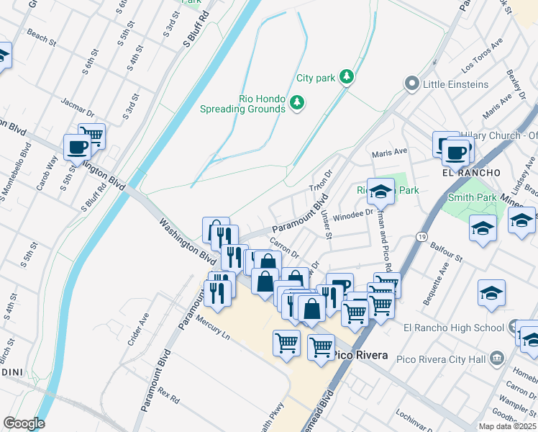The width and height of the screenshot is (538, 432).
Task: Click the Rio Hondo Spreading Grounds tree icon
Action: [x=296, y=104]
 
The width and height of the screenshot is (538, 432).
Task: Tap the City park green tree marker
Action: [x=347, y=76]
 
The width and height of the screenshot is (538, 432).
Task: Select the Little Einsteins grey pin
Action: [x=412, y=84]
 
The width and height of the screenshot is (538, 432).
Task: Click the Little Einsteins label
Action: [x=455, y=84]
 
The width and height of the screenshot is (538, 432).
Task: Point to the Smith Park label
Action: [x=472, y=197]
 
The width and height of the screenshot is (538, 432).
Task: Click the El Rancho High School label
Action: [x=453, y=328]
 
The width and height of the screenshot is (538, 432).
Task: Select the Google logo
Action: [x=24, y=423]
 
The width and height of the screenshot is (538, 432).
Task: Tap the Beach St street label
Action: [x=41, y=37]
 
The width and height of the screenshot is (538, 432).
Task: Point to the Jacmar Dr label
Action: [x=78, y=108]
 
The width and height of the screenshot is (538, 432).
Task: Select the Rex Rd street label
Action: [x=168, y=395]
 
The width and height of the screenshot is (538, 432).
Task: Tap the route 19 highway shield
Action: [x=421, y=236]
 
